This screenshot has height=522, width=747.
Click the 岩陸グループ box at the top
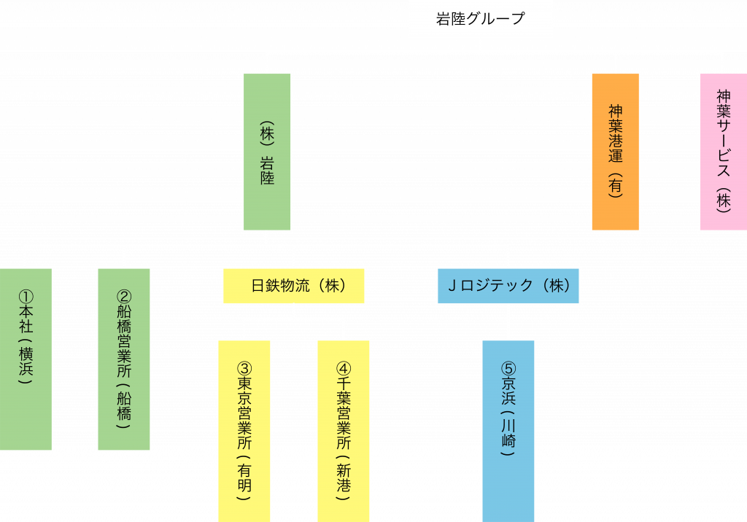pos(480,19)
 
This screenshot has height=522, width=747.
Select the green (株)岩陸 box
pos(267,152)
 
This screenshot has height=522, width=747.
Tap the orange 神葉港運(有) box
pos(615,152)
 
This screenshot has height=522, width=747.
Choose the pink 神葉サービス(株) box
pos(722,152)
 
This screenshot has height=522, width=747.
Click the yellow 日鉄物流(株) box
pos(293,286)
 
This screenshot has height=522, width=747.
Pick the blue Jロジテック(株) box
pos(508,286)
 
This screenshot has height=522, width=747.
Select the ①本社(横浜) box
pos(26,359)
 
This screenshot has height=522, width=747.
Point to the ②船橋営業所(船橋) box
pos(124,359)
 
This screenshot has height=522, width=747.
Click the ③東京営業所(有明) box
pos(244,430)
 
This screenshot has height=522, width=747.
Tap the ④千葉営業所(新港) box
pos(344,430)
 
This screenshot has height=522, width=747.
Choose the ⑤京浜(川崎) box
pos(508,430)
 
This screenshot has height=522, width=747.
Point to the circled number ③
pos(244,369)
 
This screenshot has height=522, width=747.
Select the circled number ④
pos(344,369)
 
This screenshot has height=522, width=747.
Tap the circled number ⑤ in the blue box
pos(508,369)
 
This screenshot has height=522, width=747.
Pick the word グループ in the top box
pos(496,19)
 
